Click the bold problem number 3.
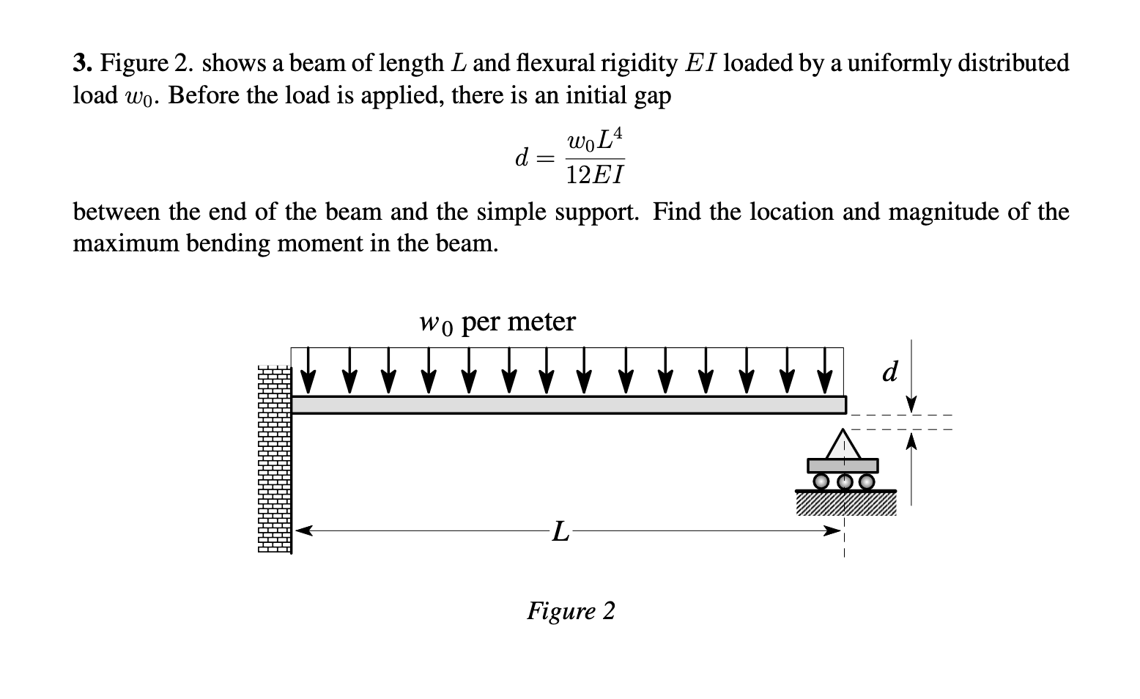[x=82, y=64]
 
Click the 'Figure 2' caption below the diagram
[x=571, y=610]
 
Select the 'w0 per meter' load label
[x=497, y=322]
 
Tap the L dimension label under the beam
[x=559, y=531]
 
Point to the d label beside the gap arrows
[x=889, y=372]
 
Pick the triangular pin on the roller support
[x=843, y=445]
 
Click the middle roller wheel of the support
[x=844, y=481]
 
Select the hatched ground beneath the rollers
[x=845, y=503]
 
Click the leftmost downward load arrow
[x=308, y=371]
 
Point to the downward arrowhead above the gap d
[x=911, y=404]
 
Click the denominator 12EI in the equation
[x=595, y=175]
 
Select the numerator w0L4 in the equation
[x=595, y=139]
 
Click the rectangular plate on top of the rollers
[x=843, y=465]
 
